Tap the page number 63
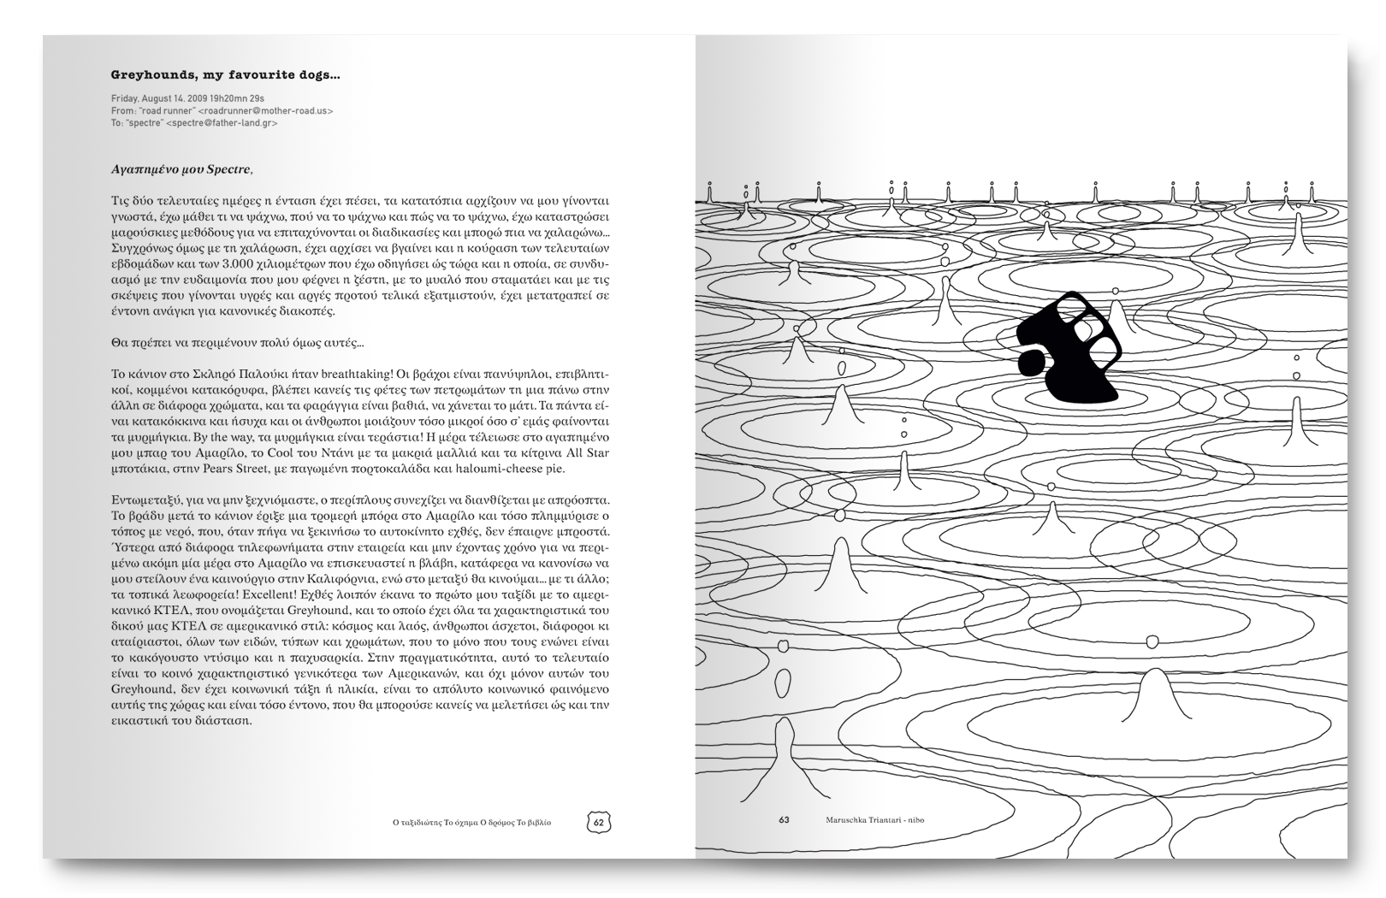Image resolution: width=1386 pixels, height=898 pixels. (784, 820)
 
